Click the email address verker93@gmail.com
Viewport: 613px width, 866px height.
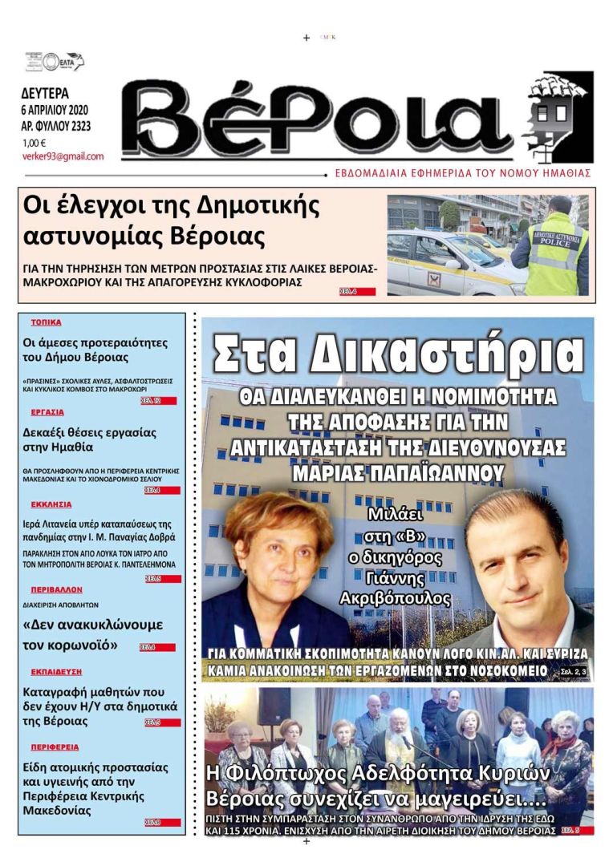[x=63, y=156]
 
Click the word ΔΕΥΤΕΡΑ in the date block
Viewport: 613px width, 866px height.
[x=45, y=92]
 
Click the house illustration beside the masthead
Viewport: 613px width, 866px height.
[x=558, y=116]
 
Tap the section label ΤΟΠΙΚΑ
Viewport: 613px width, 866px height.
[x=46, y=322]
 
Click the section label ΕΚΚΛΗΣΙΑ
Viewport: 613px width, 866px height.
[x=51, y=504]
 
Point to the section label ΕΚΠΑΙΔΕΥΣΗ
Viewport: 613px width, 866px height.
[x=56, y=671]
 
